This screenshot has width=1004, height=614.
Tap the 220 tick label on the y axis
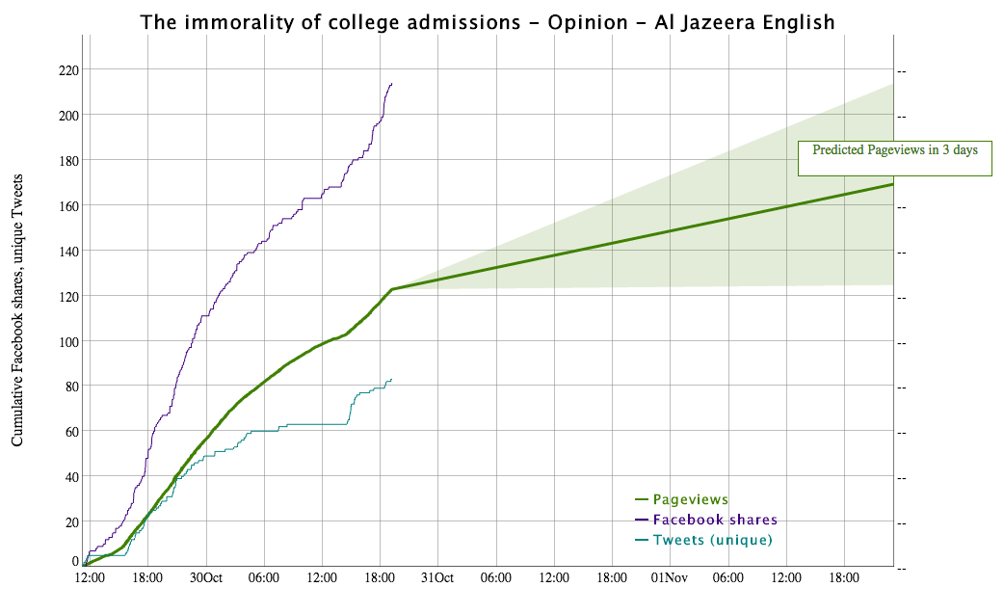click(x=66, y=70)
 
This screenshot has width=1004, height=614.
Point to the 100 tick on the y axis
click(x=66, y=341)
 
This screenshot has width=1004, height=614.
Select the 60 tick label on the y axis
click(x=69, y=432)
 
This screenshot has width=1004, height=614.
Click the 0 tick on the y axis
click(x=75, y=561)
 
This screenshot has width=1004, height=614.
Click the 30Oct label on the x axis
click(x=205, y=578)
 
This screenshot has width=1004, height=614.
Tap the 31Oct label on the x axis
click(x=437, y=578)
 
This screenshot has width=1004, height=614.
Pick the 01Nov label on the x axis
click(x=669, y=578)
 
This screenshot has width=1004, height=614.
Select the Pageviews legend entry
click(x=690, y=499)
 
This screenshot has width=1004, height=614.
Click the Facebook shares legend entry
click(x=714, y=520)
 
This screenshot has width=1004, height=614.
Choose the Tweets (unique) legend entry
click(x=712, y=540)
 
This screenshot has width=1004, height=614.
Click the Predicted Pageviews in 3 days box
click(x=894, y=157)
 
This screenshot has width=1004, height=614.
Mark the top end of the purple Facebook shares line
click(x=392, y=84)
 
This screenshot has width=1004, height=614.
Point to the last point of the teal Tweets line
click(x=391, y=379)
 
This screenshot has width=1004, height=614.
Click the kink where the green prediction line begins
click(x=391, y=289)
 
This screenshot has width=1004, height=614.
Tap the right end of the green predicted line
click(x=893, y=184)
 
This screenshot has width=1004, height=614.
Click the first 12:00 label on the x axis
click(x=90, y=578)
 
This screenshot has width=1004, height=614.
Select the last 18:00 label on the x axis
click(x=844, y=578)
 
